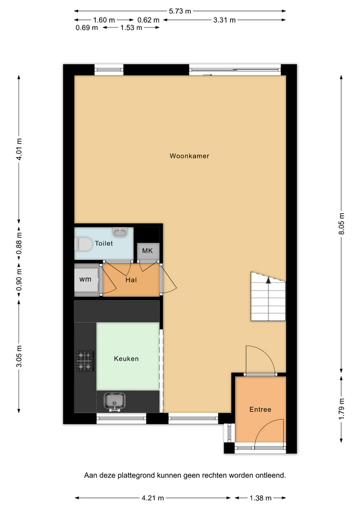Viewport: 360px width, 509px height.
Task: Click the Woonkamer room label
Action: [x=189, y=156]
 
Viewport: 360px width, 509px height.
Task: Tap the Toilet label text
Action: [x=104, y=243]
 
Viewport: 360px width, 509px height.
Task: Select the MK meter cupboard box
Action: [x=148, y=251]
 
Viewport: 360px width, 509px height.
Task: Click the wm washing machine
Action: [x=86, y=279]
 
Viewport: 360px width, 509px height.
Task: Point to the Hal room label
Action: [x=131, y=280]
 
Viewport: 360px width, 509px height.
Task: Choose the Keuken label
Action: [x=126, y=359]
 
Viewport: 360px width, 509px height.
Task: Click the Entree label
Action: [x=260, y=409]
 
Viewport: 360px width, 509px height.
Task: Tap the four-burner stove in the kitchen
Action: [x=85, y=361]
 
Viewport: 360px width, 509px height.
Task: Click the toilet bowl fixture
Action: [x=83, y=244]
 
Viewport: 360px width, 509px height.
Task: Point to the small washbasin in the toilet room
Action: [x=120, y=232]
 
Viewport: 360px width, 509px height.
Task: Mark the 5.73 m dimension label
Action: [x=180, y=11]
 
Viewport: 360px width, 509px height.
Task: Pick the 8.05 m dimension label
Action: [x=341, y=224]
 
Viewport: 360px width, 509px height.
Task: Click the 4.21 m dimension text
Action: [x=153, y=498]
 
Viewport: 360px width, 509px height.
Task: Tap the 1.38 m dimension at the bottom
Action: [x=260, y=498]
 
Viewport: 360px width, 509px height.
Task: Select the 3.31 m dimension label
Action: [x=224, y=20]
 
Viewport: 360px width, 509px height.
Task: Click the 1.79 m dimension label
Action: [x=341, y=409]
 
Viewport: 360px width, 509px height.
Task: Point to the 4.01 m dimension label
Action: [x=19, y=149]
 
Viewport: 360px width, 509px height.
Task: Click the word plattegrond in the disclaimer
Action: [x=136, y=476]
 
